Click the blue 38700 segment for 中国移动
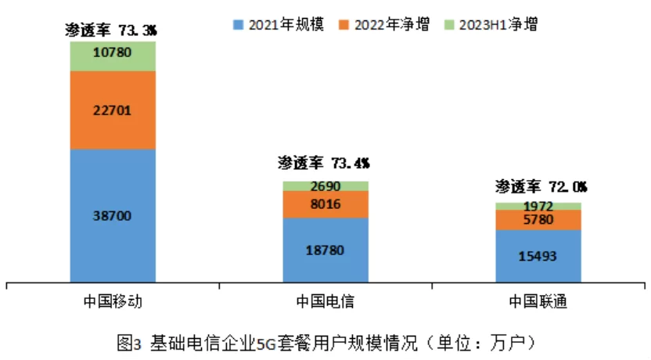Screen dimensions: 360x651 pyautogui.click(x=113, y=214)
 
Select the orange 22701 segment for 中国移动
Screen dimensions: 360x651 pyautogui.click(x=113, y=110)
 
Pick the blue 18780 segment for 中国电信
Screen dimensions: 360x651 pyautogui.click(x=325, y=250)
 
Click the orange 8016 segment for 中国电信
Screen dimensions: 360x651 pyautogui.click(x=325, y=204)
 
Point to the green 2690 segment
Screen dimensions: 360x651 pyautogui.click(x=325, y=186)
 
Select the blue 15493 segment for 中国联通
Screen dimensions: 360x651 pyautogui.click(x=538, y=255)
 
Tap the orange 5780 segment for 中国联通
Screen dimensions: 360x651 pyautogui.click(x=538, y=220)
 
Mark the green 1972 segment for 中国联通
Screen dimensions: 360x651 pyautogui.click(x=538, y=206)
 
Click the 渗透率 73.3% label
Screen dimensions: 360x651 pyautogui.click(x=113, y=30)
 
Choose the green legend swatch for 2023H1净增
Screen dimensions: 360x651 pyautogui.click(x=451, y=24)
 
